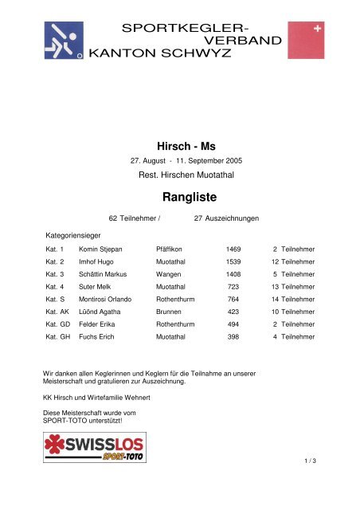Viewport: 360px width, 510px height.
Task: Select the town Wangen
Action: click(170, 285)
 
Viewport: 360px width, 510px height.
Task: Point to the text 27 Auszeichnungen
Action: click(227, 217)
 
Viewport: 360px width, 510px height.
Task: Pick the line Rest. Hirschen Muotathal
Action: click(179, 174)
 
